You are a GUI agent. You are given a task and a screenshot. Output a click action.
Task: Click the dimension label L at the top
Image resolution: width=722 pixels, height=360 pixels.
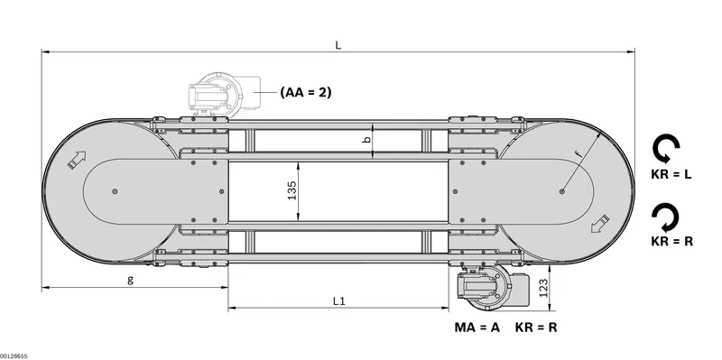[338, 45]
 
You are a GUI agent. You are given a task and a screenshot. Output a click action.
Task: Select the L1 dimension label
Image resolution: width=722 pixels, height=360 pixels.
[339, 301]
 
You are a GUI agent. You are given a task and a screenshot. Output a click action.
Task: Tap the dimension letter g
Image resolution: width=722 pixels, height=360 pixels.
[130, 280]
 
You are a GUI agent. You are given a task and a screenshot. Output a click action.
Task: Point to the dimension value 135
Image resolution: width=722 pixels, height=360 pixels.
[292, 190]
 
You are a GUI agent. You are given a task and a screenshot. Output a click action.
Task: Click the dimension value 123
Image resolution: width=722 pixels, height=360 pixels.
[544, 288]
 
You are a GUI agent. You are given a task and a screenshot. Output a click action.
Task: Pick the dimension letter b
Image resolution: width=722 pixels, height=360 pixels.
[366, 140]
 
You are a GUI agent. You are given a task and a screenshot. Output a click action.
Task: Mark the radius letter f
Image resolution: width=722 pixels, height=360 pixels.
[579, 153]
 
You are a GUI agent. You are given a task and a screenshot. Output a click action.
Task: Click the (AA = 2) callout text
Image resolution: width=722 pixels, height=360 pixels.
[306, 92]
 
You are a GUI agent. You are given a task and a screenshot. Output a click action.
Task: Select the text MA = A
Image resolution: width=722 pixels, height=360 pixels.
[477, 328]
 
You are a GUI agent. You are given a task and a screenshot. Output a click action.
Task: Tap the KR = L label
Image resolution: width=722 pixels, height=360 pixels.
[671, 174]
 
